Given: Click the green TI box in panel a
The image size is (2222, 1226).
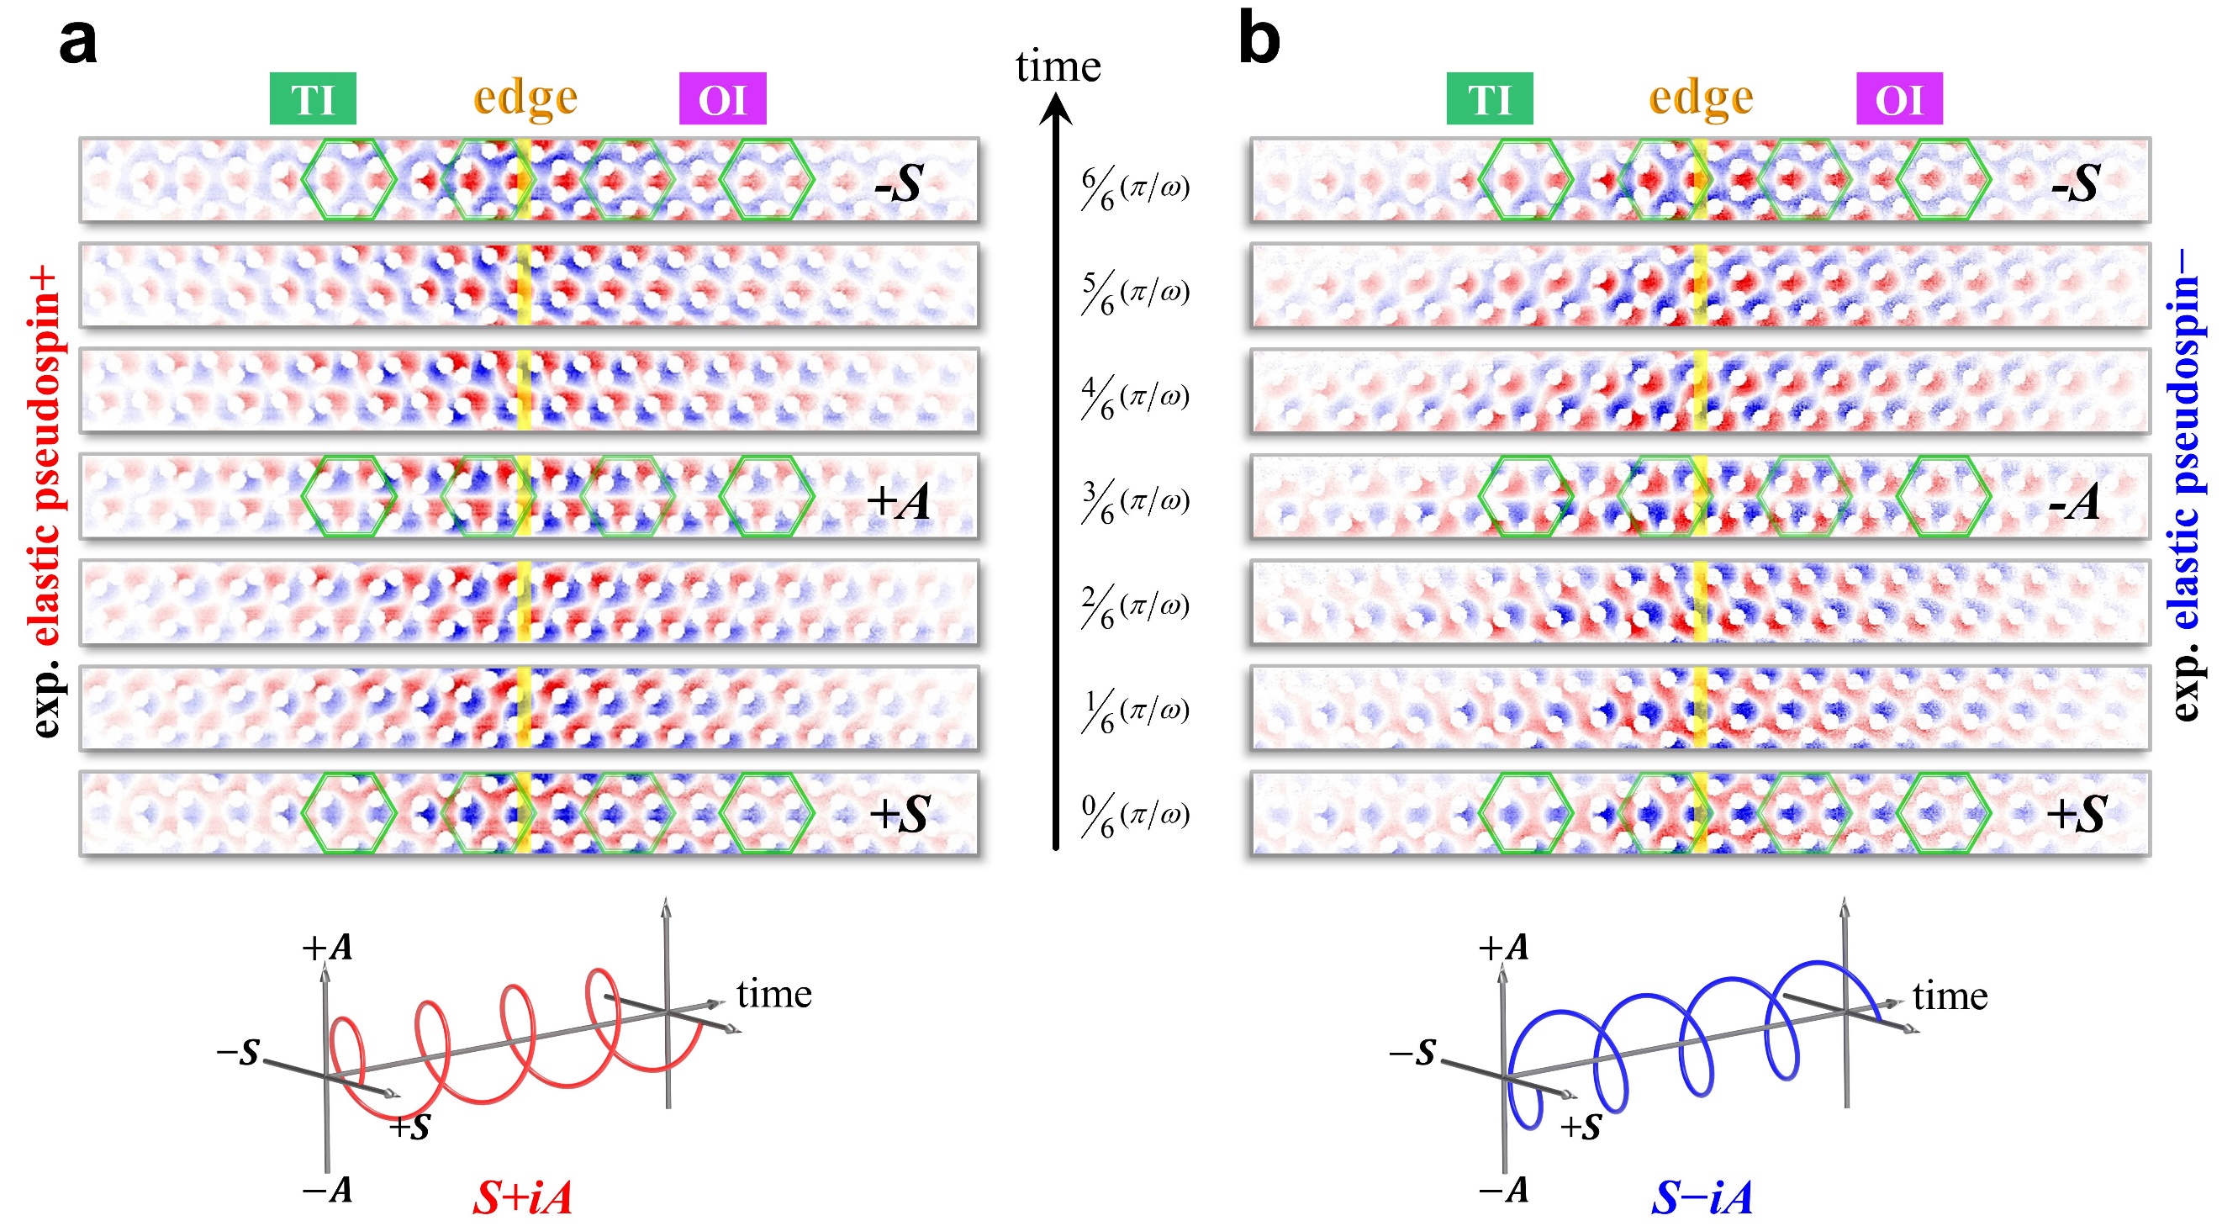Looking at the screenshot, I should pyautogui.click(x=312, y=98).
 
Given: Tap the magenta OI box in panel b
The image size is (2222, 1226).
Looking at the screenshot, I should pyautogui.click(x=1898, y=98).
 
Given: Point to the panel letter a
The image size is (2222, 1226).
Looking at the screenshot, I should pyautogui.click(x=77, y=40).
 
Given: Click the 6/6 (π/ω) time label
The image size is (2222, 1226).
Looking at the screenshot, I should pyautogui.click(x=1135, y=188).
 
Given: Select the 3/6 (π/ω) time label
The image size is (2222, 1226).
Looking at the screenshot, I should pyautogui.click(x=1135, y=502).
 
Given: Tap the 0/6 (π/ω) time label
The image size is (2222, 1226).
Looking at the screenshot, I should pyautogui.click(x=1135, y=816).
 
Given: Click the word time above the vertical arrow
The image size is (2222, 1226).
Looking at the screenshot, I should pyautogui.click(x=1058, y=66).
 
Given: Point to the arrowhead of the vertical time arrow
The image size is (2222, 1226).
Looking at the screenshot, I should pyautogui.click(x=1055, y=108).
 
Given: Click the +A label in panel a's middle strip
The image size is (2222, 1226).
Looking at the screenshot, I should pyautogui.click(x=897, y=501).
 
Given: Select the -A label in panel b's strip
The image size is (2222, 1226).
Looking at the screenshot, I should pyautogui.click(x=2073, y=501).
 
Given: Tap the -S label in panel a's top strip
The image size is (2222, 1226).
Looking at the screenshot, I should pyautogui.click(x=899, y=183).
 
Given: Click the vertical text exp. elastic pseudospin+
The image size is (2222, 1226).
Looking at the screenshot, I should pyautogui.click(x=45, y=500).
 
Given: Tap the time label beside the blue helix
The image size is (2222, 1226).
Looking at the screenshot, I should pyautogui.click(x=1950, y=996).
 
